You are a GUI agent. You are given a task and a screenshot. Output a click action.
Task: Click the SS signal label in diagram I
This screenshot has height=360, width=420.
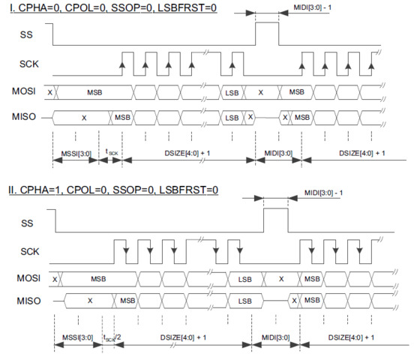tap(26, 34)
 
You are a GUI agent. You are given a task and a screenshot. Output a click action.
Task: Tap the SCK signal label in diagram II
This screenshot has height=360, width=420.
tap(30, 251)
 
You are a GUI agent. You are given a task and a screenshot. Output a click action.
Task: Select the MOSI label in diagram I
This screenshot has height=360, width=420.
tap(23, 91)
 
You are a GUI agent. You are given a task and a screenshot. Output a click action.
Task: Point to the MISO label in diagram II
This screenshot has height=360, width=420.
tap(28, 301)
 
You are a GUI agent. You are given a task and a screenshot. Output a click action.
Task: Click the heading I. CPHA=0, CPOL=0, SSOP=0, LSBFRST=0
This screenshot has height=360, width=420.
tap(113, 7)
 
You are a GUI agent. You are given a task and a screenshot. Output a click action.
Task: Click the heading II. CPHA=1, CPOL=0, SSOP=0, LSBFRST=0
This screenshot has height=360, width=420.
tap(113, 190)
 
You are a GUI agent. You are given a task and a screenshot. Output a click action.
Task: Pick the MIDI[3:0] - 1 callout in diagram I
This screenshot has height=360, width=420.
tap(312, 7)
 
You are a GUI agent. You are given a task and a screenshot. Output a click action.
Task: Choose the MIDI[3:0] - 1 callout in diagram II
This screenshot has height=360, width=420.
tap(323, 193)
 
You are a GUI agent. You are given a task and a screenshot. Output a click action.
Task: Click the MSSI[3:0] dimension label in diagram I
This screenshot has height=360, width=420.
tap(76, 154)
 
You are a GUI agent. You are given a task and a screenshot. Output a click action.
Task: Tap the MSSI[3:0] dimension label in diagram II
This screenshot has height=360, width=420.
tap(78, 337)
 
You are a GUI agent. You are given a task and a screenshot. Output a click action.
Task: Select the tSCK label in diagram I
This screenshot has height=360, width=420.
tap(112, 152)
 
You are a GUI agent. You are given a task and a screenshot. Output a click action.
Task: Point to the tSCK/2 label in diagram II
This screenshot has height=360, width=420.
tap(112, 337)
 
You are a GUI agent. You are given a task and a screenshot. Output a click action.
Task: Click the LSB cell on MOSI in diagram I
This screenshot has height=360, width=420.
tap(232, 93)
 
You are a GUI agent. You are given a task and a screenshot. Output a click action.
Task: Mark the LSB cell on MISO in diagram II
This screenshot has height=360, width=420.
tap(245, 301)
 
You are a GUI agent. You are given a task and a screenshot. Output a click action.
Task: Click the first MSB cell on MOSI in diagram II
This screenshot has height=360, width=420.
tap(98, 279)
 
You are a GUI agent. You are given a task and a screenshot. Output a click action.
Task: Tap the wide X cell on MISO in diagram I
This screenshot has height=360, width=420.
tap(84, 118)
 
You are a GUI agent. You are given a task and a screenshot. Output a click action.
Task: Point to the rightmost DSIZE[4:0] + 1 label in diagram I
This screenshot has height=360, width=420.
tap(361, 154)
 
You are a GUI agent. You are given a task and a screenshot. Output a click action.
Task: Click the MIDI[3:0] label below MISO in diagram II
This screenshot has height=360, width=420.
tap(276, 337)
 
